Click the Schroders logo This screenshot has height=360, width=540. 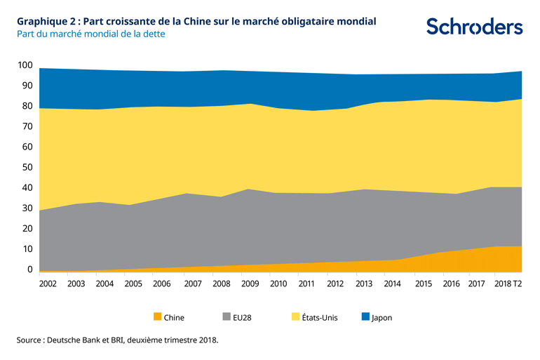point(474,27)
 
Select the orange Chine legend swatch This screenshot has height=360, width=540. point(157,317)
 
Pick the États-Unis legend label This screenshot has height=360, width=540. point(320,317)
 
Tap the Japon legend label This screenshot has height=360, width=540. point(382,317)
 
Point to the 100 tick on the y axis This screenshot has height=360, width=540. point(25,65)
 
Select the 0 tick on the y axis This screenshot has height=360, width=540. point(29,269)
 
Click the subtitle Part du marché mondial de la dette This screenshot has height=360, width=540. point(91,34)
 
